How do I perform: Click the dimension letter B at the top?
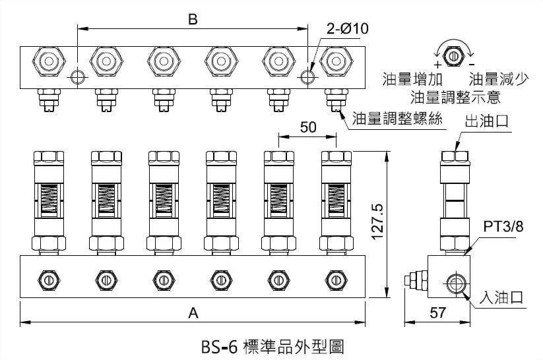[x=193, y=19]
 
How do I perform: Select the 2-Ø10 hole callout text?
[x=347, y=28]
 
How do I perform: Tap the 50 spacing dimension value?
[x=307, y=128]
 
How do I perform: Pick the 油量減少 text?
[x=498, y=80]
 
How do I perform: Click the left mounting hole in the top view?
[x=79, y=76]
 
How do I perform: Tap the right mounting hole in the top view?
[x=308, y=76]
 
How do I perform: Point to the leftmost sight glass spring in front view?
[x=48, y=197]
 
